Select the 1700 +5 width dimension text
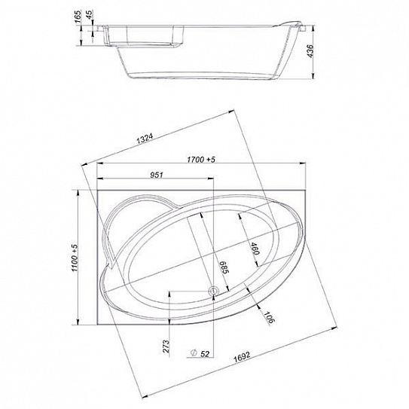tap(201, 160)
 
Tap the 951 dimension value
tap(157, 175)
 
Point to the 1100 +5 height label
tap(75, 258)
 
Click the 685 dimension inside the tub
tap(224, 267)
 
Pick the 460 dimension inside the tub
tap(254, 249)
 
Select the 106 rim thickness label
tap(268, 317)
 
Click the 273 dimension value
tap(166, 346)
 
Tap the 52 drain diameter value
tap(205, 354)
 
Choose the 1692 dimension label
tap(242, 357)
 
